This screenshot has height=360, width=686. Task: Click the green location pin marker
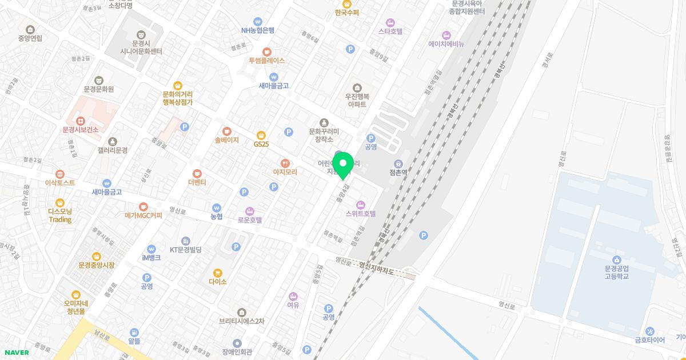(343, 166)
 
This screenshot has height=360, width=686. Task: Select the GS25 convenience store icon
(261, 135)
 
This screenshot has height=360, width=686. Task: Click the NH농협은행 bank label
(258, 31)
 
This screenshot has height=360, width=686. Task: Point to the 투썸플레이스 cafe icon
(266, 51)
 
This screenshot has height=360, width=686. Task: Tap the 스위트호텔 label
(361, 214)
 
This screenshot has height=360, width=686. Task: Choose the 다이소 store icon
(218, 273)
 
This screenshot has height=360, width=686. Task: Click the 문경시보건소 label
(81, 130)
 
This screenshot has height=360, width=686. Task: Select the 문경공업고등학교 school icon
(616, 261)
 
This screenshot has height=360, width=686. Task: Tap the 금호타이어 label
(650, 340)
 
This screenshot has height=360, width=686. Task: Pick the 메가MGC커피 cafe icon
(143, 207)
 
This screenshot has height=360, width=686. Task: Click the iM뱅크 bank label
(151, 258)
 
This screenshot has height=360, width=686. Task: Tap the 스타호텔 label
(390, 31)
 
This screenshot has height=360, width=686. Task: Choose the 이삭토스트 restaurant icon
(60, 174)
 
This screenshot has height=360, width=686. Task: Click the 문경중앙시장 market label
(97, 265)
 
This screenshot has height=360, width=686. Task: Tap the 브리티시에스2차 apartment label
(242, 321)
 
